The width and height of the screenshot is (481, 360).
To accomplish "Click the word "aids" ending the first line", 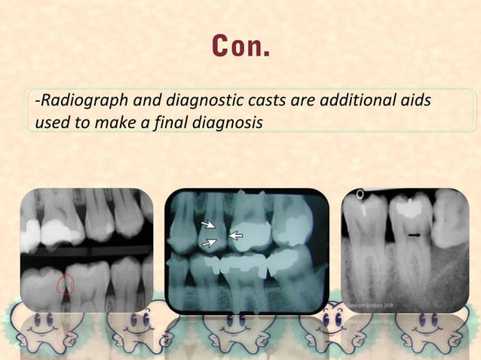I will (414, 102).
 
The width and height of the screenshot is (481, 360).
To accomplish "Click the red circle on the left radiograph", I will (66, 284).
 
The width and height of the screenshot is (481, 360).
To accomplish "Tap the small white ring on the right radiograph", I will (360, 194).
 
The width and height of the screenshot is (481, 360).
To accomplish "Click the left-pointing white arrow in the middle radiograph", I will (236, 236).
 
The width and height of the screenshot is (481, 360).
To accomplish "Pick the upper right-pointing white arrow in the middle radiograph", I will (207, 224).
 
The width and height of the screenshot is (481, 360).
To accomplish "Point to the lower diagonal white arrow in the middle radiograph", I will (210, 243).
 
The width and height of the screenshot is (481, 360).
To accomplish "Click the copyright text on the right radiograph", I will (369, 306).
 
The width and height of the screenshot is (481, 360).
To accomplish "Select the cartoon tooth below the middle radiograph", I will (234, 325).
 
